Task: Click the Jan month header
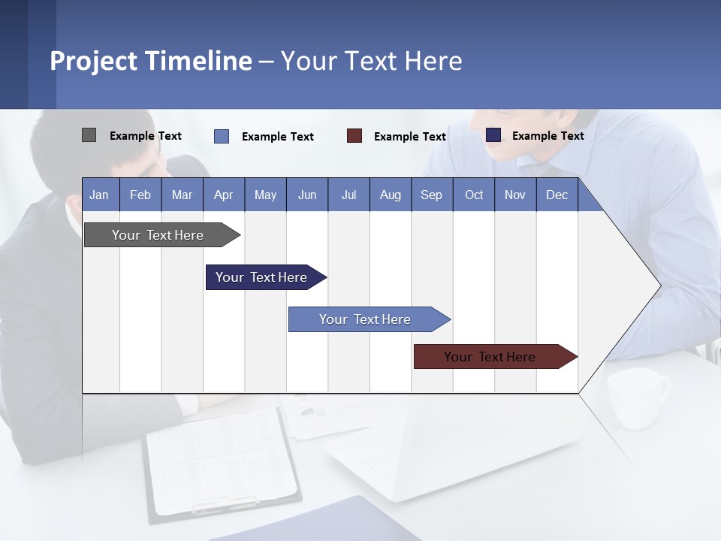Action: (x=99, y=195)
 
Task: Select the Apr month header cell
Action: (x=223, y=195)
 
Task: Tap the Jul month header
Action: (x=348, y=195)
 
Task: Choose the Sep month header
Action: (x=431, y=195)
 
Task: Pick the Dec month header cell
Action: (x=557, y=195)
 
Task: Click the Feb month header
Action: (x=140, y=195)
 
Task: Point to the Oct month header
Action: (x=474, y=195)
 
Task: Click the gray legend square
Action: (x=89, y=135)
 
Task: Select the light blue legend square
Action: (x=222, y=136)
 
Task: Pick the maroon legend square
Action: (x=354, y=136)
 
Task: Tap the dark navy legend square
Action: (x=493, y=135)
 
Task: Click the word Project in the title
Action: (x=94, y=61)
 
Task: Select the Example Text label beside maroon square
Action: (x=409, y=137)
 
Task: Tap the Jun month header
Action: (x=307, y=195)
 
